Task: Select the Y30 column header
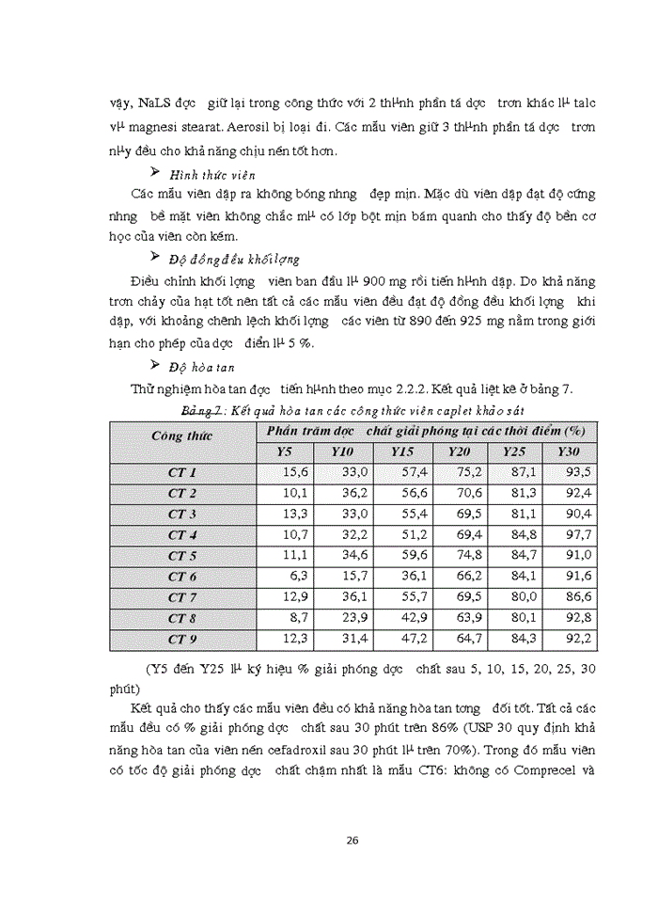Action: [x=569, y=452]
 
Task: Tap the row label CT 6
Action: [x=182, y=577]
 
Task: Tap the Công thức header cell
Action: [x=182, y=436]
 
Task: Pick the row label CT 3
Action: [x=182, y=514]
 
